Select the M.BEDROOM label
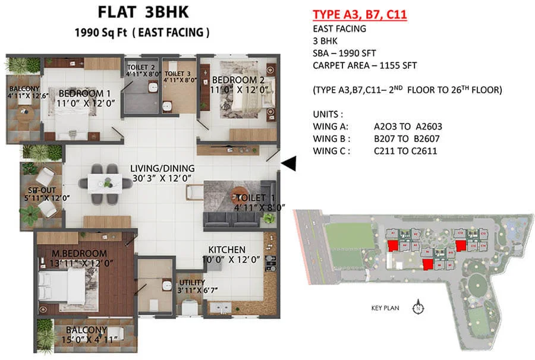pyautogui.click(x=75, y=254)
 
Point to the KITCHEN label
pyautogui.click(x=226, y=250)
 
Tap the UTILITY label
pyautogui.click(x=192, y=282)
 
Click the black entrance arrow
pyautogui.click(x=289, y=164)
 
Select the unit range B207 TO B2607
pyautogui.click(x=408, y=138)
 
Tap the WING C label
pyautogui.click(x=331, y=151)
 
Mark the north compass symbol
pyautogui.click(x=418, y=308)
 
